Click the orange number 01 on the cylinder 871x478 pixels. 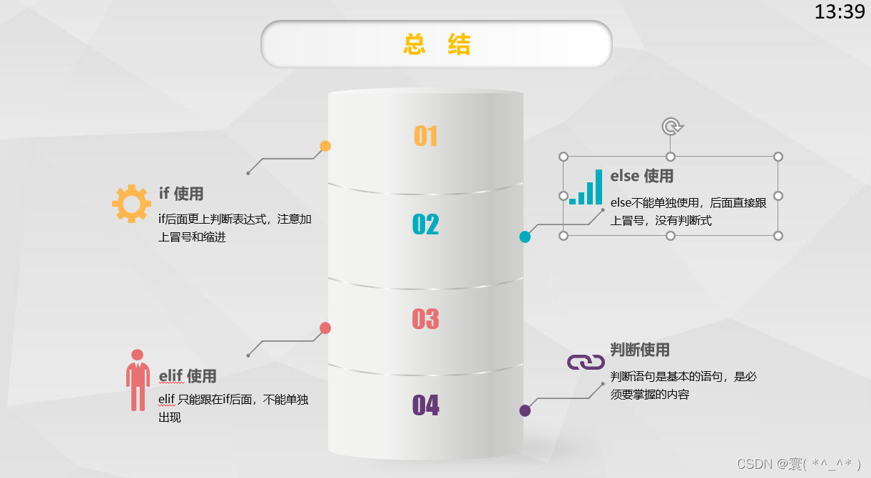click(x=426, y=135)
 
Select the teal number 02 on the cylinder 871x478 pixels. click(x=426, y=224)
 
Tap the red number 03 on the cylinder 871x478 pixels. click(x=426, y=318)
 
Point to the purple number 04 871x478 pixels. click(x=426, y=405)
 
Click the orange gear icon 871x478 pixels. click(x=131, y=204)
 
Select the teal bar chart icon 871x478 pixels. click(x=586, y=187)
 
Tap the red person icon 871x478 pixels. click(x=138, y=380)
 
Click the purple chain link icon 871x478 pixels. click(x=586, y=362)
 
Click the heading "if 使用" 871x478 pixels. click(x=181, y=193)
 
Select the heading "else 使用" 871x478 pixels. click(x=642, y=175)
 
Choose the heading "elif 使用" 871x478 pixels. click(x=188, y=375)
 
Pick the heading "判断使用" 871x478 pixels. click(x=640, y=350)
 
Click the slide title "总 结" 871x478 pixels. click(x=437, y=44)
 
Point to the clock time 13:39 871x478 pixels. click(x=839, y=12)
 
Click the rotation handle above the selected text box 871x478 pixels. click(x=671, y=127)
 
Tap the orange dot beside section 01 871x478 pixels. click(x=325, y=146)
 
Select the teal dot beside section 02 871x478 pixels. click(x=525, y=237)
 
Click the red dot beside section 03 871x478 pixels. click(x=325, y=328)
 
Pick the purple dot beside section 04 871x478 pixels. click(x=525, y=410)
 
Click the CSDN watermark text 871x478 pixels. click(x=799, y=464)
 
